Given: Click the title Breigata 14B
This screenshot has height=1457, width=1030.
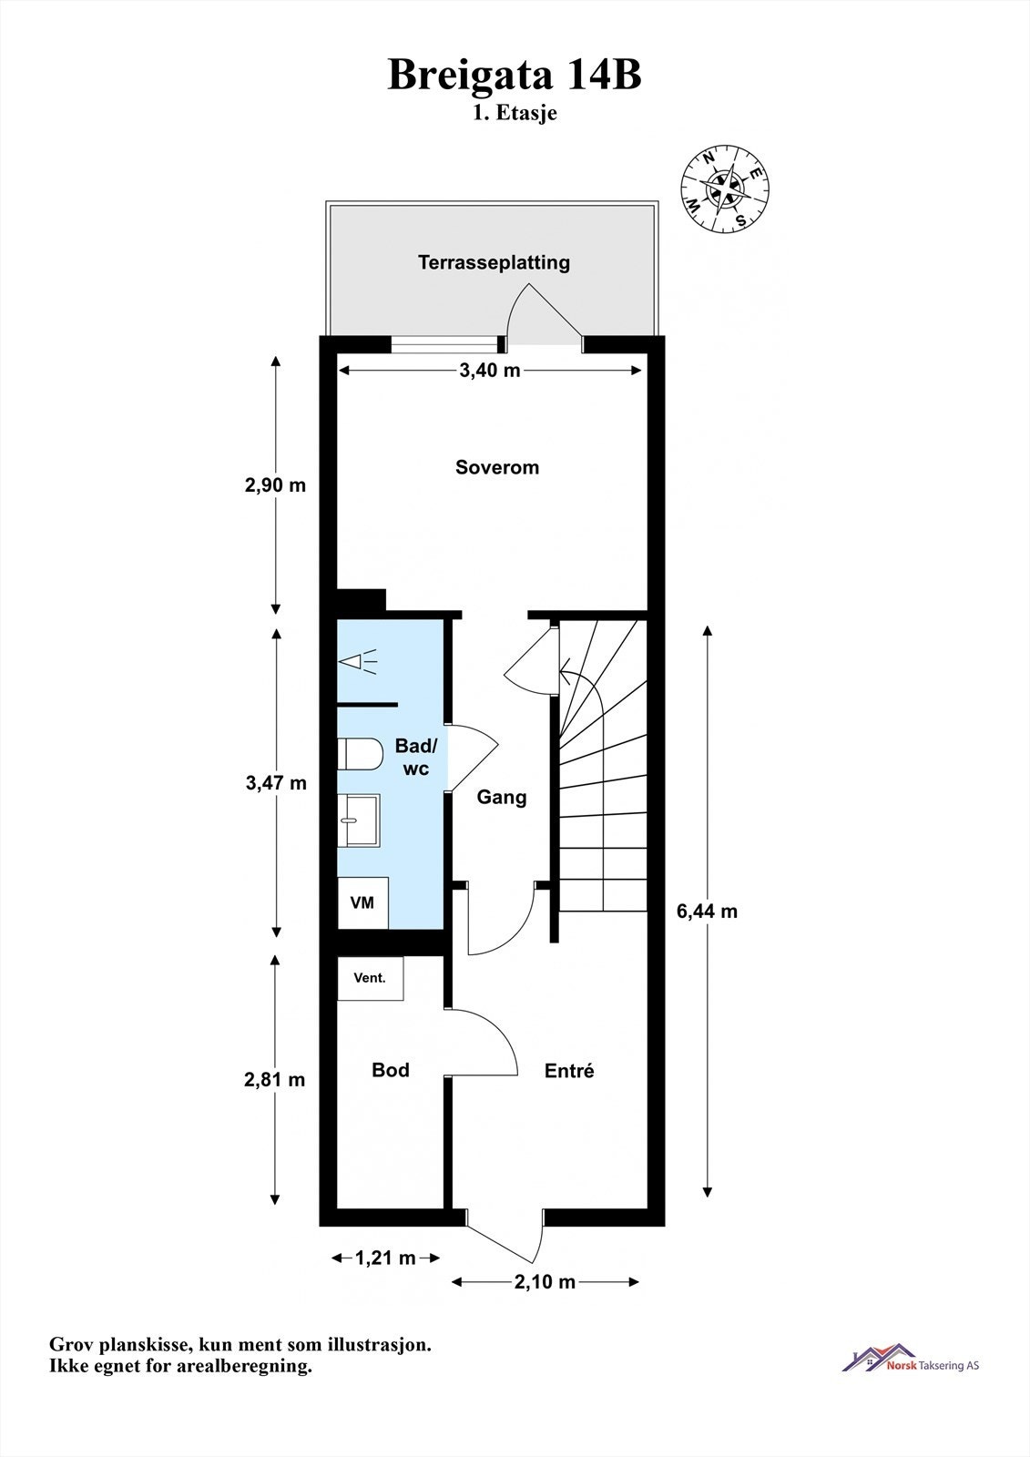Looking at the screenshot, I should (x=515, y=75).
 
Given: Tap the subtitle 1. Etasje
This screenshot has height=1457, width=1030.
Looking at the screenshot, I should (x=515, y=114).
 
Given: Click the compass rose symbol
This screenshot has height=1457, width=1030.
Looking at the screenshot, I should (x=726, y=189).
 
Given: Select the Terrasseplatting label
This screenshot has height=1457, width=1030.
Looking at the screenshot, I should (x=494, y=262).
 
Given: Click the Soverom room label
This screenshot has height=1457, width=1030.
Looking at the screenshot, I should (x=497, y=467).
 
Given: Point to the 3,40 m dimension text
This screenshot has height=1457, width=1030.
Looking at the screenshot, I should (x=489, y=370).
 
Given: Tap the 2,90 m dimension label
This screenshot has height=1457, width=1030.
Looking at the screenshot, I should (x=275, y=484).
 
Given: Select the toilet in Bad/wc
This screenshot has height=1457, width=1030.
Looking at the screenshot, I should (x=360, y=754).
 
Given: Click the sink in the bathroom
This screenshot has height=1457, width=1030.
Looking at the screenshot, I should (x=360, y=820).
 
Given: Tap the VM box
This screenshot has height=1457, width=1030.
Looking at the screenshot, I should (x=362, y=902).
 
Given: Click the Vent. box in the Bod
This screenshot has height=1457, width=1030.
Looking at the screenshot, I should (x=370, y=978).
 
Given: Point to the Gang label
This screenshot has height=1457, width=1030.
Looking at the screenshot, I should (x=502, y=797).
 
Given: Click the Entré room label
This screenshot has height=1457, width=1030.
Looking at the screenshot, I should (x=569, y=1071).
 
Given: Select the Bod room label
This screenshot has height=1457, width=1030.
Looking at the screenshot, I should (x=391, y=1070).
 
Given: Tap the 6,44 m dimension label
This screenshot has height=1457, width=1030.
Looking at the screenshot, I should (x=707, y=911).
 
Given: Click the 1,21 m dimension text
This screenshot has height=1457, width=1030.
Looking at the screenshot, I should (x=385, y=1258).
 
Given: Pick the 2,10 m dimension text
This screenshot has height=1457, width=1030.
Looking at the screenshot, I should (x=545, y=1282).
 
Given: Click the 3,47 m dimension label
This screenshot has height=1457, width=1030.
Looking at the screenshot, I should (x=276, y=782).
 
